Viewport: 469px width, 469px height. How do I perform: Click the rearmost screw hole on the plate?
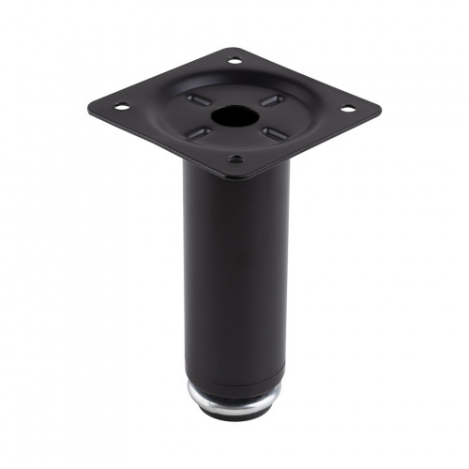click(x=234, y=62)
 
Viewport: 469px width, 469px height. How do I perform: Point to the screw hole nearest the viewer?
click(x=235, y=159)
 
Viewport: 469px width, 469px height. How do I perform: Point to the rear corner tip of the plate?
click(x=234, y=50)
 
